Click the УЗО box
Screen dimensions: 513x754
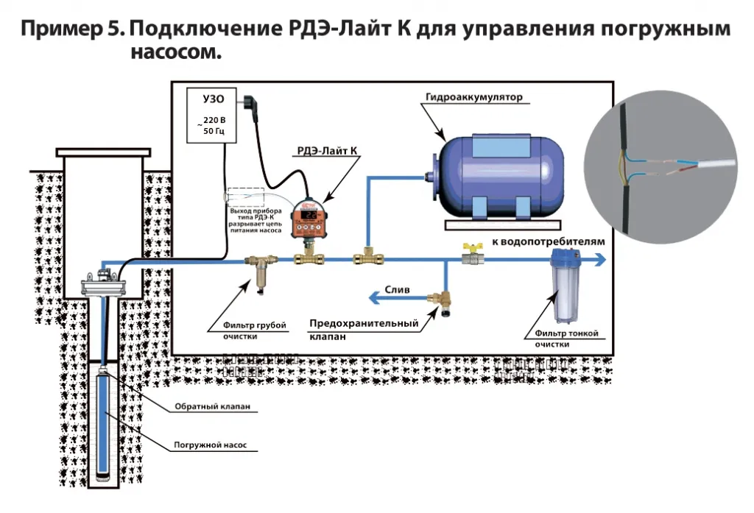[x=208, y=116]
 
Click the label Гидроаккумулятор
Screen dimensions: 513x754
[x=473, y=96]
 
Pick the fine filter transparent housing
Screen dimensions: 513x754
[x=563, y=291]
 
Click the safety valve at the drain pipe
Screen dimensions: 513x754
[x=445, y=303]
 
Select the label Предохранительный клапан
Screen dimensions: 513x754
[x=363, y=329]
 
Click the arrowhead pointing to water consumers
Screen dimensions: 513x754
[x=600, y=259]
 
